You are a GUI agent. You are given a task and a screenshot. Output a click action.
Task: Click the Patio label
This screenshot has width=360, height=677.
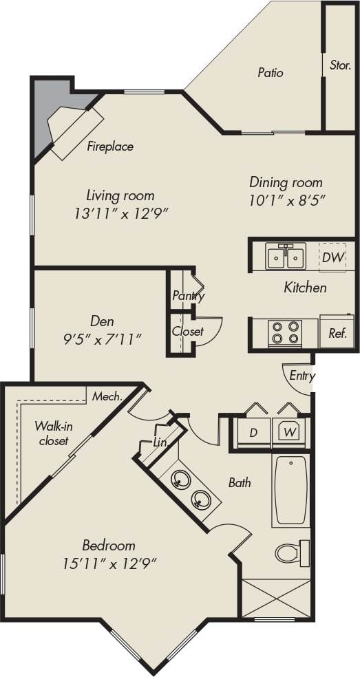[271, 72]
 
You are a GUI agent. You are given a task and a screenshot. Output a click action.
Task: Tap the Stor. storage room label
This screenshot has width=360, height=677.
[340, 66]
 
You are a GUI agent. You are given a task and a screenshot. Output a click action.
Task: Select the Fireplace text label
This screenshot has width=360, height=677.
[110, 147]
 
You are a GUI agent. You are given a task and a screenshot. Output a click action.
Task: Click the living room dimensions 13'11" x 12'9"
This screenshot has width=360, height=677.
[120, 213]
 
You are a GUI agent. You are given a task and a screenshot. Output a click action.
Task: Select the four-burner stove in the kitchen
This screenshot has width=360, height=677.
[286, 333]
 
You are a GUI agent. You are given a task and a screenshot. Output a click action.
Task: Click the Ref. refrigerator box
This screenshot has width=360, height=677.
[337, 334]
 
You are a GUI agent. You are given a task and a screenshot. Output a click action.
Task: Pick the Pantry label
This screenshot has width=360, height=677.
[188, 296]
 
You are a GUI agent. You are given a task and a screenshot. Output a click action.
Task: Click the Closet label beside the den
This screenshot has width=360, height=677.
[188, 331]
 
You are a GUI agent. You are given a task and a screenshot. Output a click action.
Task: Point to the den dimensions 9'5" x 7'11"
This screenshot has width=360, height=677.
[102, 338]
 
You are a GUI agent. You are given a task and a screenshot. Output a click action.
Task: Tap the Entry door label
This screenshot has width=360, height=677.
[301, 376]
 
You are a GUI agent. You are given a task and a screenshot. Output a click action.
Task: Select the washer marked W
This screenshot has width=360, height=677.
[289, 433]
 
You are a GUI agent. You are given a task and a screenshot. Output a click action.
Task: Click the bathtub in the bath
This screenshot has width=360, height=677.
[290, 491]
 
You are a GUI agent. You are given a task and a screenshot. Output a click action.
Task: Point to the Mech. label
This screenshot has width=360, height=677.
[107, 396]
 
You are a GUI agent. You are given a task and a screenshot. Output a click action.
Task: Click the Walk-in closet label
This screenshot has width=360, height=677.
[54, 433]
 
